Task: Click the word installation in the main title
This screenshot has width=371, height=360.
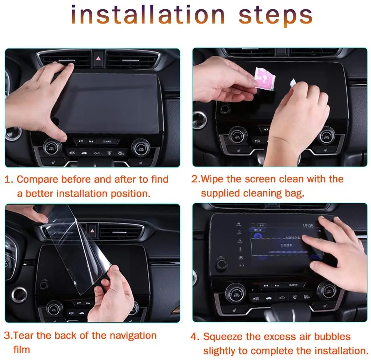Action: [x=148, y=16]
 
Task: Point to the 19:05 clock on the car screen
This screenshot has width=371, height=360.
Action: [x=308, y=226]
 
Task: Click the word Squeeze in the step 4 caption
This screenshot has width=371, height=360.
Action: [x=222, y=337]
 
